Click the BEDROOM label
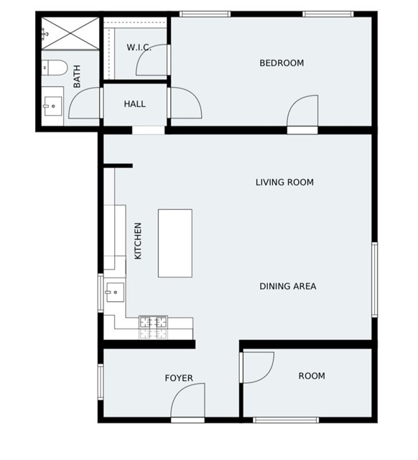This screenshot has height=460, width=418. [x=282, y=63]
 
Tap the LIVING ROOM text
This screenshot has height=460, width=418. [x=284, y=183]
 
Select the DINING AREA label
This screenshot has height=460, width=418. [x=287, y=286]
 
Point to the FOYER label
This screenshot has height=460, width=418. [x=179, y=379]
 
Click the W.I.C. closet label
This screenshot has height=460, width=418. [x=139, y=47]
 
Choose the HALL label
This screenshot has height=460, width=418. [x=134, y=104]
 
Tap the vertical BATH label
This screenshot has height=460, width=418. [x=77, y=76]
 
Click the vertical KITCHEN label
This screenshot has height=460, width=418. [x=138, y=241]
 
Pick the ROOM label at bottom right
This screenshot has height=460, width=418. [x=312, y=376]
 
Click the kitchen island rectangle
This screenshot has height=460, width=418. [x=175, y=243]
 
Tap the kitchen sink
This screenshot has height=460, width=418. [x=114, y=292]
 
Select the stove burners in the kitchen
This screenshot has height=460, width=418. [x=153, y=327]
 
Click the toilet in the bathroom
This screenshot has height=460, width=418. [x=53, y=69]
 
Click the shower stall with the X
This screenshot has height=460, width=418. [x=69, y=32]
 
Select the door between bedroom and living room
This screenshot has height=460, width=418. [x=302, y=114]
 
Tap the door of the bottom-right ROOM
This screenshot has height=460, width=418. [x=258, y=367]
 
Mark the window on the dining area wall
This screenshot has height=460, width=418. [x=374, y=280]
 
